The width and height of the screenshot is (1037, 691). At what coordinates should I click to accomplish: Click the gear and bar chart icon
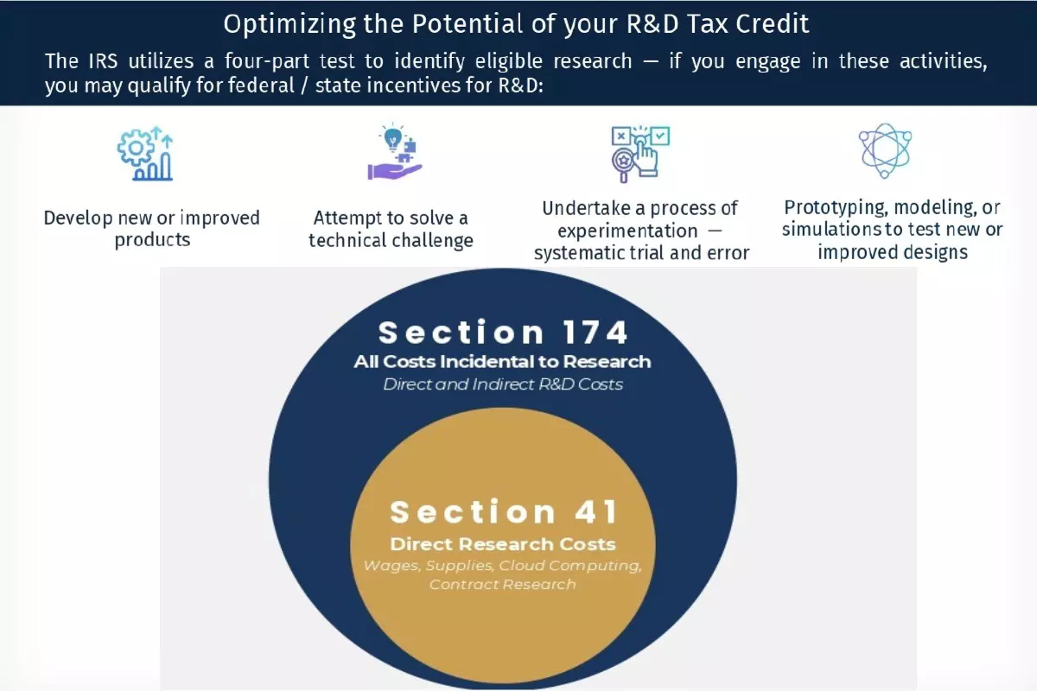(x=145, y=153)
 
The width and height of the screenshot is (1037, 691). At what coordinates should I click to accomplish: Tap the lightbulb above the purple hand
(x=393, y=137)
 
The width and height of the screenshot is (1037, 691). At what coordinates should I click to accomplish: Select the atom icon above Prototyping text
(x=885, y=150)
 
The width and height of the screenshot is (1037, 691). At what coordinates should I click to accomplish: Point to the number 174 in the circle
(x=595, y=333)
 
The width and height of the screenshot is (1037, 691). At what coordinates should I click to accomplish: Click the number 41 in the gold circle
(x=595, y=512)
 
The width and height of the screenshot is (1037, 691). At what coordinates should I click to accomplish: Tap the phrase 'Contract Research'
(x=502, y=584)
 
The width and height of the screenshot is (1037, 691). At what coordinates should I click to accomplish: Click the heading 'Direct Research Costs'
(x=503, y=544)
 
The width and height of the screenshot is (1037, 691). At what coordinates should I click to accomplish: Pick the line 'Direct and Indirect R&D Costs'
(x=503, y=384)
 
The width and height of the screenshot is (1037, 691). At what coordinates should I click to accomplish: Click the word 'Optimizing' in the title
(x=289, y=24)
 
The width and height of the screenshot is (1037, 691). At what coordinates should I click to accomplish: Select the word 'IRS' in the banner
(x=103, y=61)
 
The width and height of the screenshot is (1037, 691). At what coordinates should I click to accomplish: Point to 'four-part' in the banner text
(x=267, y=61)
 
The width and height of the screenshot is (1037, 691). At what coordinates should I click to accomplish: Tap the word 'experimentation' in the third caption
(x=627, y=231)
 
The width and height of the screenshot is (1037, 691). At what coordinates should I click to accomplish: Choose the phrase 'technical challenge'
(x=391, y=240)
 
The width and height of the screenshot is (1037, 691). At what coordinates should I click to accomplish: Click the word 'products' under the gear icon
(x=152, y=240)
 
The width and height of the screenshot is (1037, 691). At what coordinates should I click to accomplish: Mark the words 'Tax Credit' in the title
(x=748, y=24)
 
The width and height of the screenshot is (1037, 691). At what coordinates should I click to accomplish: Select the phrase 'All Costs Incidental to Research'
(x=502, y=361)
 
